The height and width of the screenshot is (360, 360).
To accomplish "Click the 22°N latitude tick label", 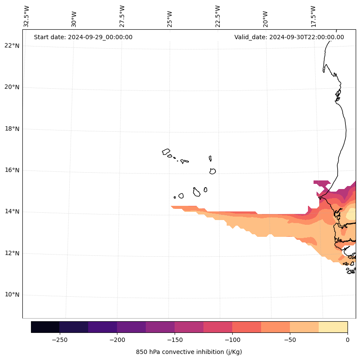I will click(12, 46).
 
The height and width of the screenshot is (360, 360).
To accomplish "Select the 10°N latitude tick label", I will click(12, 295).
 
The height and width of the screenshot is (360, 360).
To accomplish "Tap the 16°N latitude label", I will click(12, 171).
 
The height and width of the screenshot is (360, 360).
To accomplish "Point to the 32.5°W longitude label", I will click(27, 16).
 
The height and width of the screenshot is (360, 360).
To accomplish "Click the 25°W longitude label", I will click(170, 19).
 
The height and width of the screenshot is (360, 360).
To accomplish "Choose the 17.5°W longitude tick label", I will click(313, 16).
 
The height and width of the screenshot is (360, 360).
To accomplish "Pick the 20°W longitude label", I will click(265, 19).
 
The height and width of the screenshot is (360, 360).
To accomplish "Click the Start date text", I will click(83, 37).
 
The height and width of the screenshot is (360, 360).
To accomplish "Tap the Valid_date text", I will click(289, 37).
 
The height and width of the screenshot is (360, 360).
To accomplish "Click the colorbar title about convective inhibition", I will click(189, 352).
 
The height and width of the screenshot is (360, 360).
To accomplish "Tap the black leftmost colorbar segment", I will click(45, 327).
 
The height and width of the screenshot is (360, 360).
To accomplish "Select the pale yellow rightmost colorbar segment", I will click(333, 327).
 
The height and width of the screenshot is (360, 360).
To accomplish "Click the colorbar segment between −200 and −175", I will click(131, 327).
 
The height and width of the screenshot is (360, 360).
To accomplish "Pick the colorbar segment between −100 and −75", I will click(246, 327).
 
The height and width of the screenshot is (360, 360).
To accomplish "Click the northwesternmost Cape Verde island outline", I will click(166, 152).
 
